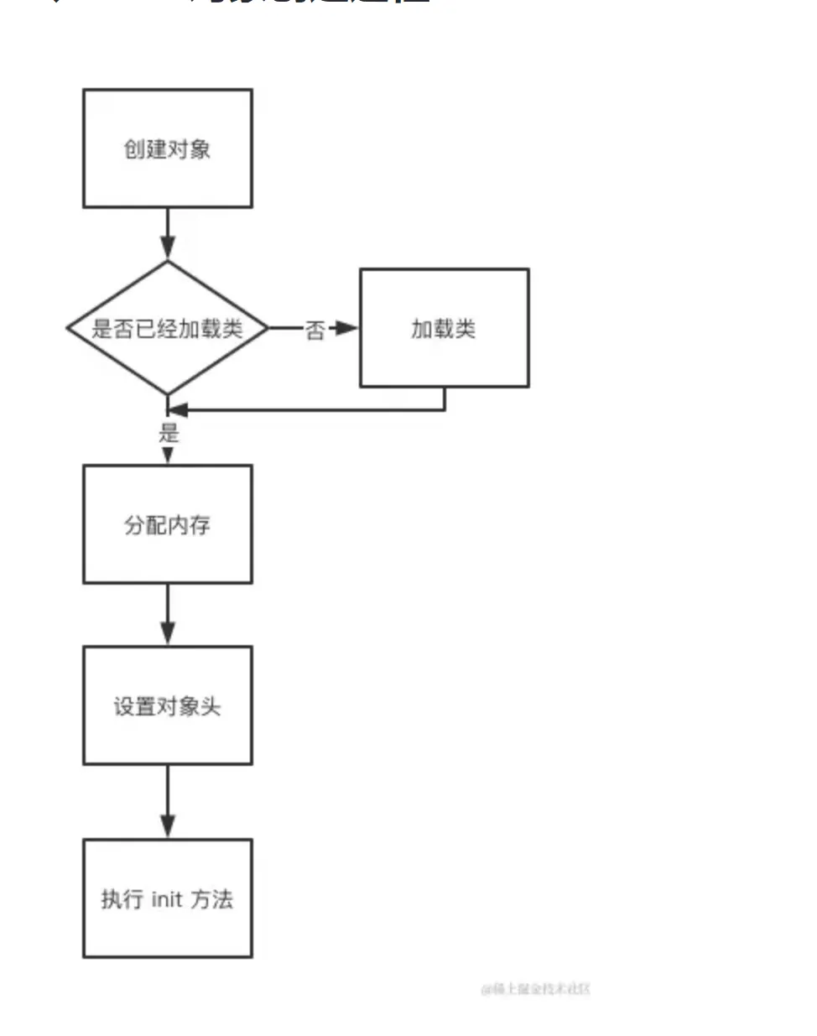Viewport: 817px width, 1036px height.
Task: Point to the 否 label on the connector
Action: tap(315, 330)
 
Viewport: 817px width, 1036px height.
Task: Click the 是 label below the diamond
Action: tap(169, 433)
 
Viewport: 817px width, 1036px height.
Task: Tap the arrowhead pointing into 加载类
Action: tap(347, 328)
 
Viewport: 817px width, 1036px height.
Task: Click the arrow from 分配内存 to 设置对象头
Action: tap(168, 614)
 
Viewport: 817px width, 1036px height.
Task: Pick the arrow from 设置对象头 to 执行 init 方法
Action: tap(168, 801)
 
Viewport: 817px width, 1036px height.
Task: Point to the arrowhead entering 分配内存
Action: tap(168, 456)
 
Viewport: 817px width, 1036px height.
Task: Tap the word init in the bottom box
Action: tap(167, 899)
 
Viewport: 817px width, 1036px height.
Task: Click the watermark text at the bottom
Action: tap(535, 989)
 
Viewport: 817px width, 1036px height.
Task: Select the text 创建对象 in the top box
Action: tap(167, 149)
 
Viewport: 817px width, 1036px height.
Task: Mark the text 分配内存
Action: tap(167, 525)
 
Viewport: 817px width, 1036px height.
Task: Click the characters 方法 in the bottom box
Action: tap(211, 899)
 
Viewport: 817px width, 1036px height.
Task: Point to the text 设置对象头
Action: tap(167, 706)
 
